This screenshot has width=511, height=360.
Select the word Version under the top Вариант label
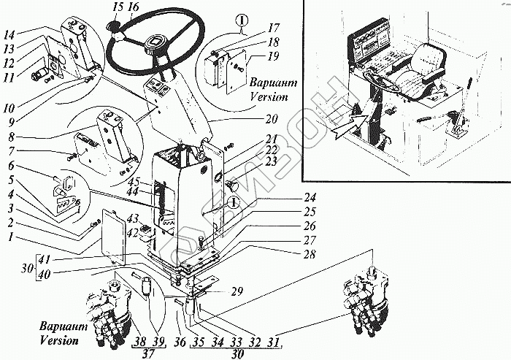click(267, 96)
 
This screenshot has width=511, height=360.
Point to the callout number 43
click(134, 218)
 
